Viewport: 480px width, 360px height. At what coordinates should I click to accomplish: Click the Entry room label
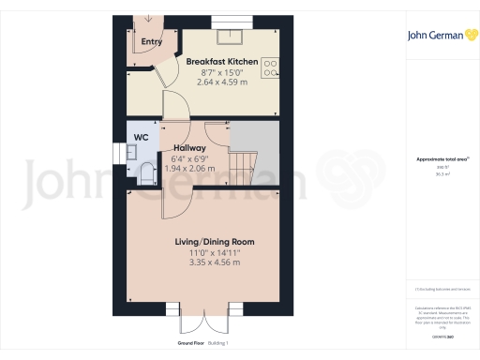[151, 42]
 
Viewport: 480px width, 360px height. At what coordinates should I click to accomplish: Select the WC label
[141, 137]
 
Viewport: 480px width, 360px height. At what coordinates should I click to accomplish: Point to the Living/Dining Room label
[215, 242]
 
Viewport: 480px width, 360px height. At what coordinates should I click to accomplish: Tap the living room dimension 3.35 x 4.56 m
[215, 262]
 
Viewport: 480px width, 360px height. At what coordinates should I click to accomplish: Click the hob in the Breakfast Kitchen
[271, 67]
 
